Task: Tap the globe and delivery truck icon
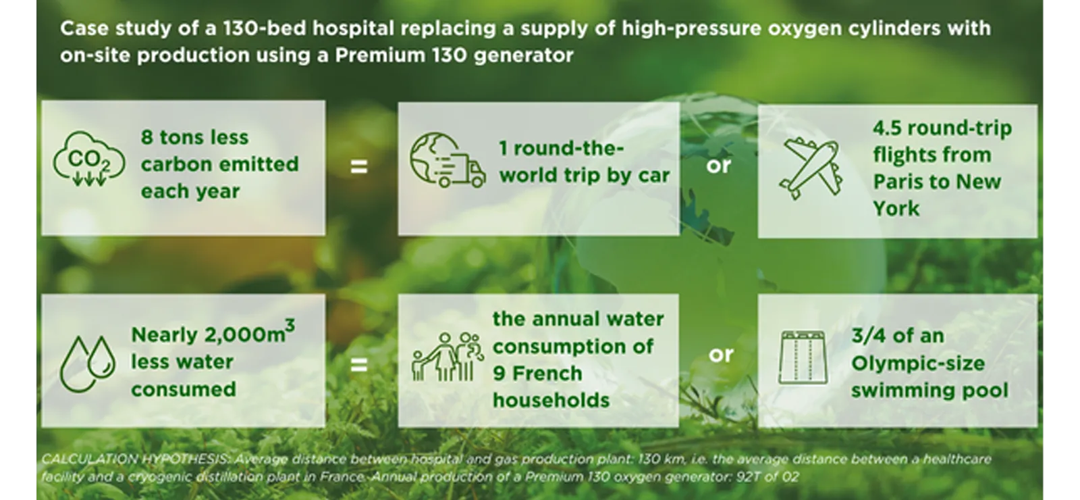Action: [x=448, y=160]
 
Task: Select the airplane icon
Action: [x=811, y=168]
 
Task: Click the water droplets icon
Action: [x=88, y=363]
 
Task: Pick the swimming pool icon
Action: [x=803, y=357]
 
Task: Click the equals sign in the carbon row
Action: [x=358, y=168]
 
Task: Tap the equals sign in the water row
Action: [x=358, y=365]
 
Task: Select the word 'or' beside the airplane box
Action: [x=718, y=166]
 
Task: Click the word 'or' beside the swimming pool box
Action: [x=722, y=355]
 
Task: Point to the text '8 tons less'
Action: [x=195, y=138]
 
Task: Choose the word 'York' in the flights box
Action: [x=896, y=209]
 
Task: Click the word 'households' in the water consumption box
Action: [x=551, y=401]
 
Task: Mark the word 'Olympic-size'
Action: [x=918, y=364]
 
